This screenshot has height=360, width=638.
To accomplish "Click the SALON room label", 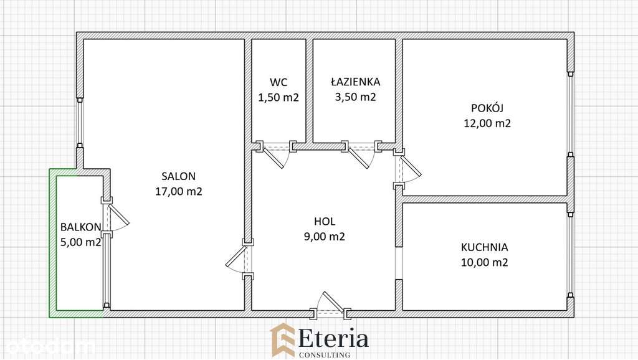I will click(x=179, y=176).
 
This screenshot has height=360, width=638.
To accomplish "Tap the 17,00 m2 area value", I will click(x=179, y=192).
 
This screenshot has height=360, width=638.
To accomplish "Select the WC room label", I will click(x=279, y=82).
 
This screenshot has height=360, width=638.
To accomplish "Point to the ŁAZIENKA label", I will click(x=355, y=82).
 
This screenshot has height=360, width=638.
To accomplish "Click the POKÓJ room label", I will click(x=487, y=107).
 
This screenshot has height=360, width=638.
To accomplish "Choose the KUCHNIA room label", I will click(x=484, y=247).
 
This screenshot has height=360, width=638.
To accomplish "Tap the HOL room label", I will click(x=325, y=221).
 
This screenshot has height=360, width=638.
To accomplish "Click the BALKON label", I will click(x=80, y=227).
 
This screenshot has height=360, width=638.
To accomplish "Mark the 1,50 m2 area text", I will click(x=279, y=97).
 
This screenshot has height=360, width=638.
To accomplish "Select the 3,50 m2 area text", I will click(x=355, y=97).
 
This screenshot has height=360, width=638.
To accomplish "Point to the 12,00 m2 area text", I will click(x=487, y=123).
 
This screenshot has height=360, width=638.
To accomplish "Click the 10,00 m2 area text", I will click(x=484, y=263).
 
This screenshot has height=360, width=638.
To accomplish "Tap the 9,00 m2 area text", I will click(x=325, y=237).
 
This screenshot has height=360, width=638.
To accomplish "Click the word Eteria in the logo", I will click(x=334, y=339).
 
